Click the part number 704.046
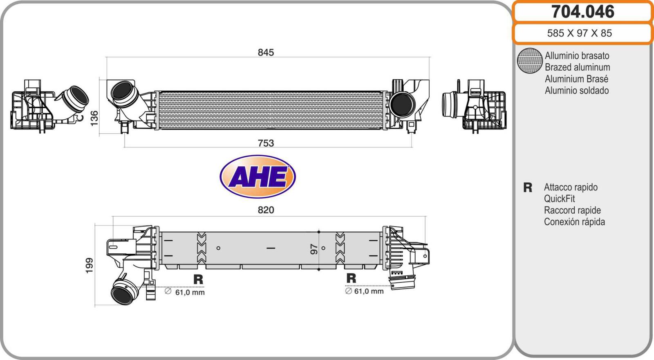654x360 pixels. [x=582, y=12]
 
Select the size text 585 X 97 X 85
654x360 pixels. [x=579, y=33]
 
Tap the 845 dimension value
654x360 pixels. [x=266, y=52]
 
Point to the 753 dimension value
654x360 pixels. [x=266, y=143]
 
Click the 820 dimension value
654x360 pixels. [x=266, y=210]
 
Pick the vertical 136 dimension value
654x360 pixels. [x=94, y=118]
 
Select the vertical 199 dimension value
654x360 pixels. [x=90, y=265]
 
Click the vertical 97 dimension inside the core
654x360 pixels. [x=314, y=249]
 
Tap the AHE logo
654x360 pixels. [x=258, y=177]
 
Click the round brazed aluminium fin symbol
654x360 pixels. [x=530, y=61]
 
